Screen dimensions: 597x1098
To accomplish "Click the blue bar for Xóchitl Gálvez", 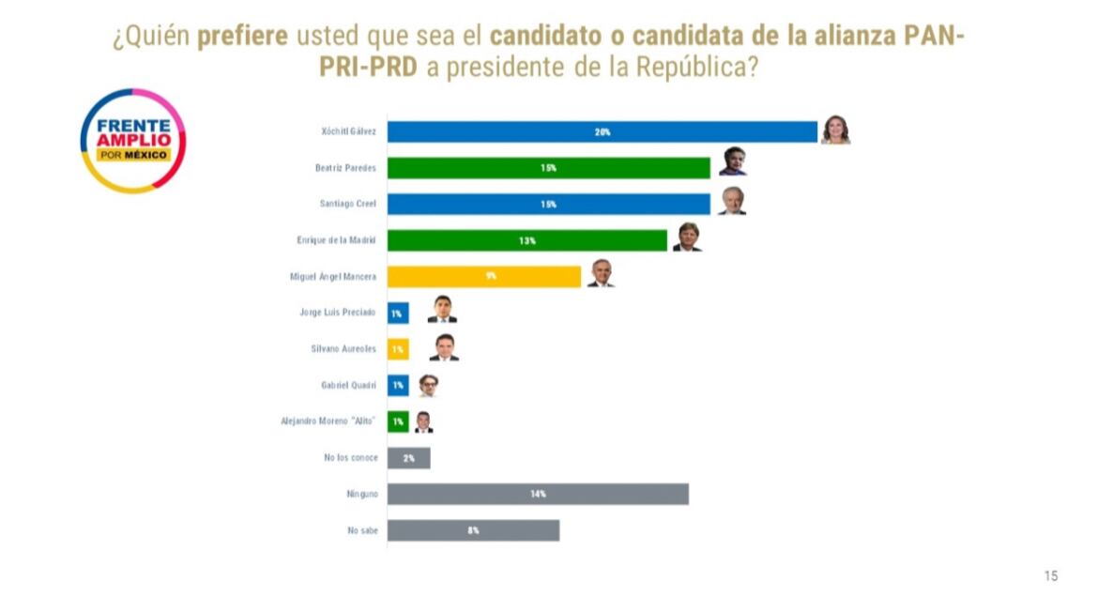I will (x=602, y=131).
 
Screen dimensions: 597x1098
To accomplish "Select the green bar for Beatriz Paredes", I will (x=548, y=168).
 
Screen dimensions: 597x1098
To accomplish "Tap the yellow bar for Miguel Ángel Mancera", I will (x=483, y=276).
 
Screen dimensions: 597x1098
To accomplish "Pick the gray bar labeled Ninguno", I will (x=537, y=494).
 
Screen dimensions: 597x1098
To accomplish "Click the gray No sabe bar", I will (x=473, y=530).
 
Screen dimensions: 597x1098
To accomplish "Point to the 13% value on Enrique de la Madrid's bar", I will (x=526, y=240).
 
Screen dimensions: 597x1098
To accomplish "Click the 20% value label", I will (x=602, y=132).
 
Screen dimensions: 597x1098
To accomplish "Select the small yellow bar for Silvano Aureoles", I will (x=398, y=349).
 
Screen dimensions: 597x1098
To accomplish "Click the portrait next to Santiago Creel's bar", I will (x=732, y=201).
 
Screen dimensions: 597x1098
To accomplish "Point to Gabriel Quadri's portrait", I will (x=429, y=384).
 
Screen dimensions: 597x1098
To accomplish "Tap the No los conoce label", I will (x=349, y=457).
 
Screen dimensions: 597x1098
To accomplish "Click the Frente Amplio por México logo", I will (x=133, y=140).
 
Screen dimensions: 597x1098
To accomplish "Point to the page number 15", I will (x=1050, y=575).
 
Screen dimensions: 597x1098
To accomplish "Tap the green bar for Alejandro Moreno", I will (x=398, y=421).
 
